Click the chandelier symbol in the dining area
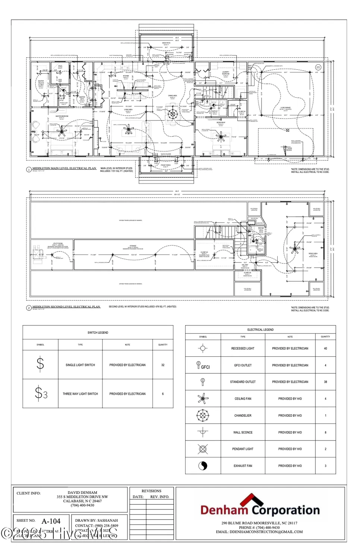point(172,114)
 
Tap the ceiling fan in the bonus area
point(295,249)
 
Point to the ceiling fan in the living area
point(129,130)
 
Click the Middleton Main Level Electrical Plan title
point(64,168)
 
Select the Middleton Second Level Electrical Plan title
point(66,307)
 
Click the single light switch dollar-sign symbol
point(40,364)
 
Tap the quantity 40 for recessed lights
point(325,348)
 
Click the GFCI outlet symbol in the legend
point(203,366)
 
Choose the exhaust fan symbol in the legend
point(203,466)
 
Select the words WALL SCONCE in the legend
point(243,432)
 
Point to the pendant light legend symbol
point(203,449)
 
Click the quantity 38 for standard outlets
point(325,382)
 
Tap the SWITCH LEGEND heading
point(98,332)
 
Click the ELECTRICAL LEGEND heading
point(260,329)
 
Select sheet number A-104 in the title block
point(51,521)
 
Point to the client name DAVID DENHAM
point(82,493)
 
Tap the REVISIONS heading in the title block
point(151,491)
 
